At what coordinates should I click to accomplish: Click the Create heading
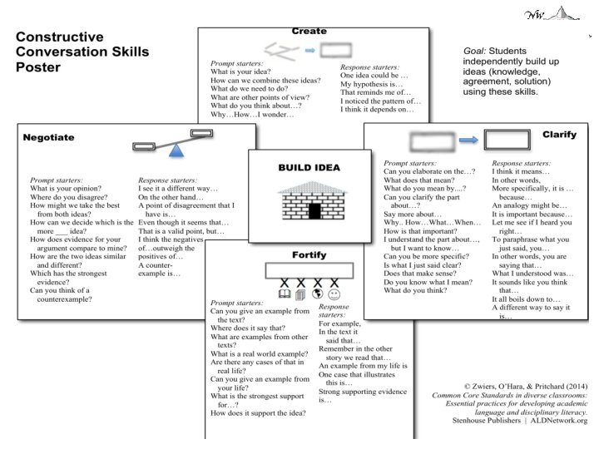[309, 32]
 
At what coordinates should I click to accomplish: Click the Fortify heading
[308, 254]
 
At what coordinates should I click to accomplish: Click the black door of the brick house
[314, 210]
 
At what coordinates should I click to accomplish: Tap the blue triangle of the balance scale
[175, 150]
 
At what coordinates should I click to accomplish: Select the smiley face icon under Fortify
[334, 294]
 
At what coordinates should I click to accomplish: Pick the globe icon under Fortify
[317, 294]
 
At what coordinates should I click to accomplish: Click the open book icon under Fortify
[284, 294]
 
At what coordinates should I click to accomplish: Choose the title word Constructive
[60, 37]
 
